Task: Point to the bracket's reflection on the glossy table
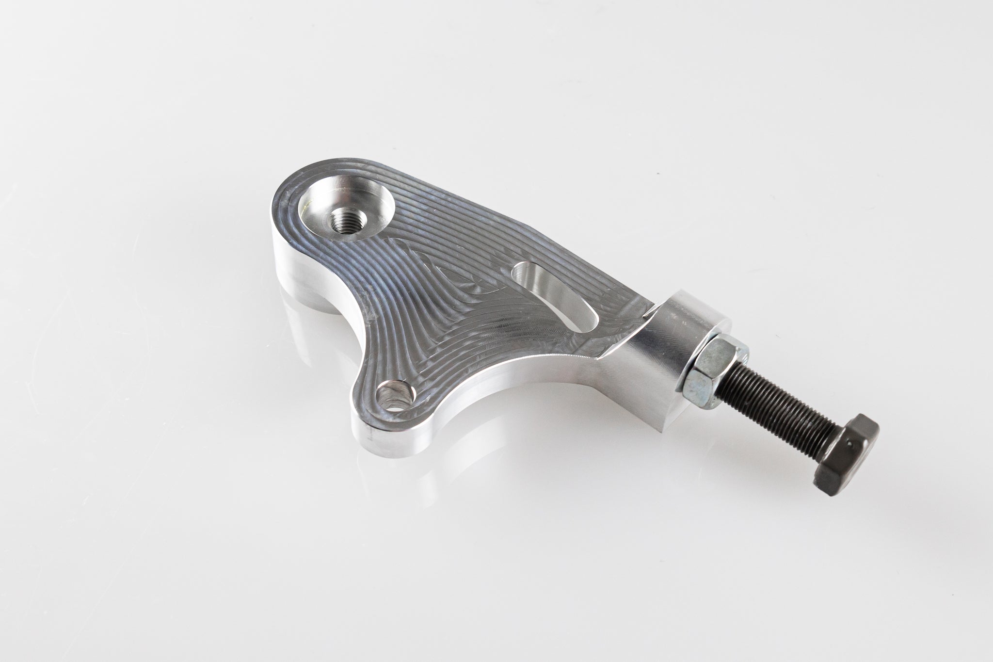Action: click(x=310, y=349)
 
